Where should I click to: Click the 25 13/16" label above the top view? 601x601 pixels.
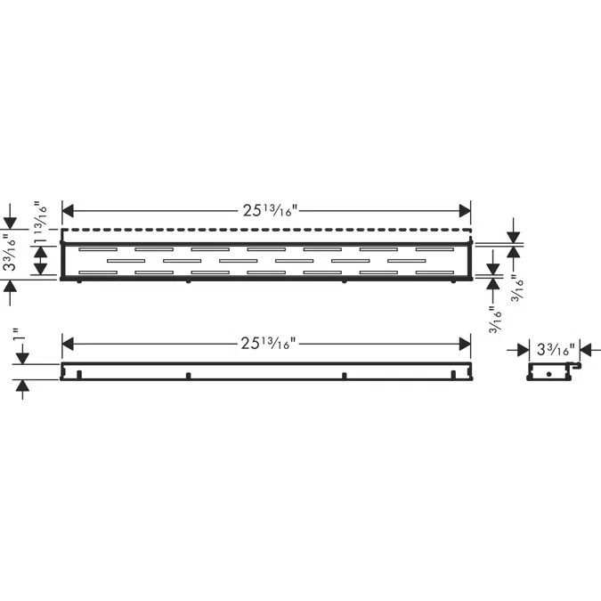[x=270, y=210]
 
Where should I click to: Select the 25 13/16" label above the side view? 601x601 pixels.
[x=269, y=344]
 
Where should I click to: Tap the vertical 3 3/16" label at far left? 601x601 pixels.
[x=11, y=253]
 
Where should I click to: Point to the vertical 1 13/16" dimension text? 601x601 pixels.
[x=41, y=223]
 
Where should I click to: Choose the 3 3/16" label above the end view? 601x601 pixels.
[x=556, y=350]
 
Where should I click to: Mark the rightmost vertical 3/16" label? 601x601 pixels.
[x=517, y=288]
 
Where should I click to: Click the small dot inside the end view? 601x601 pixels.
[x=548, y=374]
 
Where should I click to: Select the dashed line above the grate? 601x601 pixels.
[x=266, y=230]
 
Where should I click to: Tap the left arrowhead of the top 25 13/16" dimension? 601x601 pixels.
[x=68, y=210]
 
